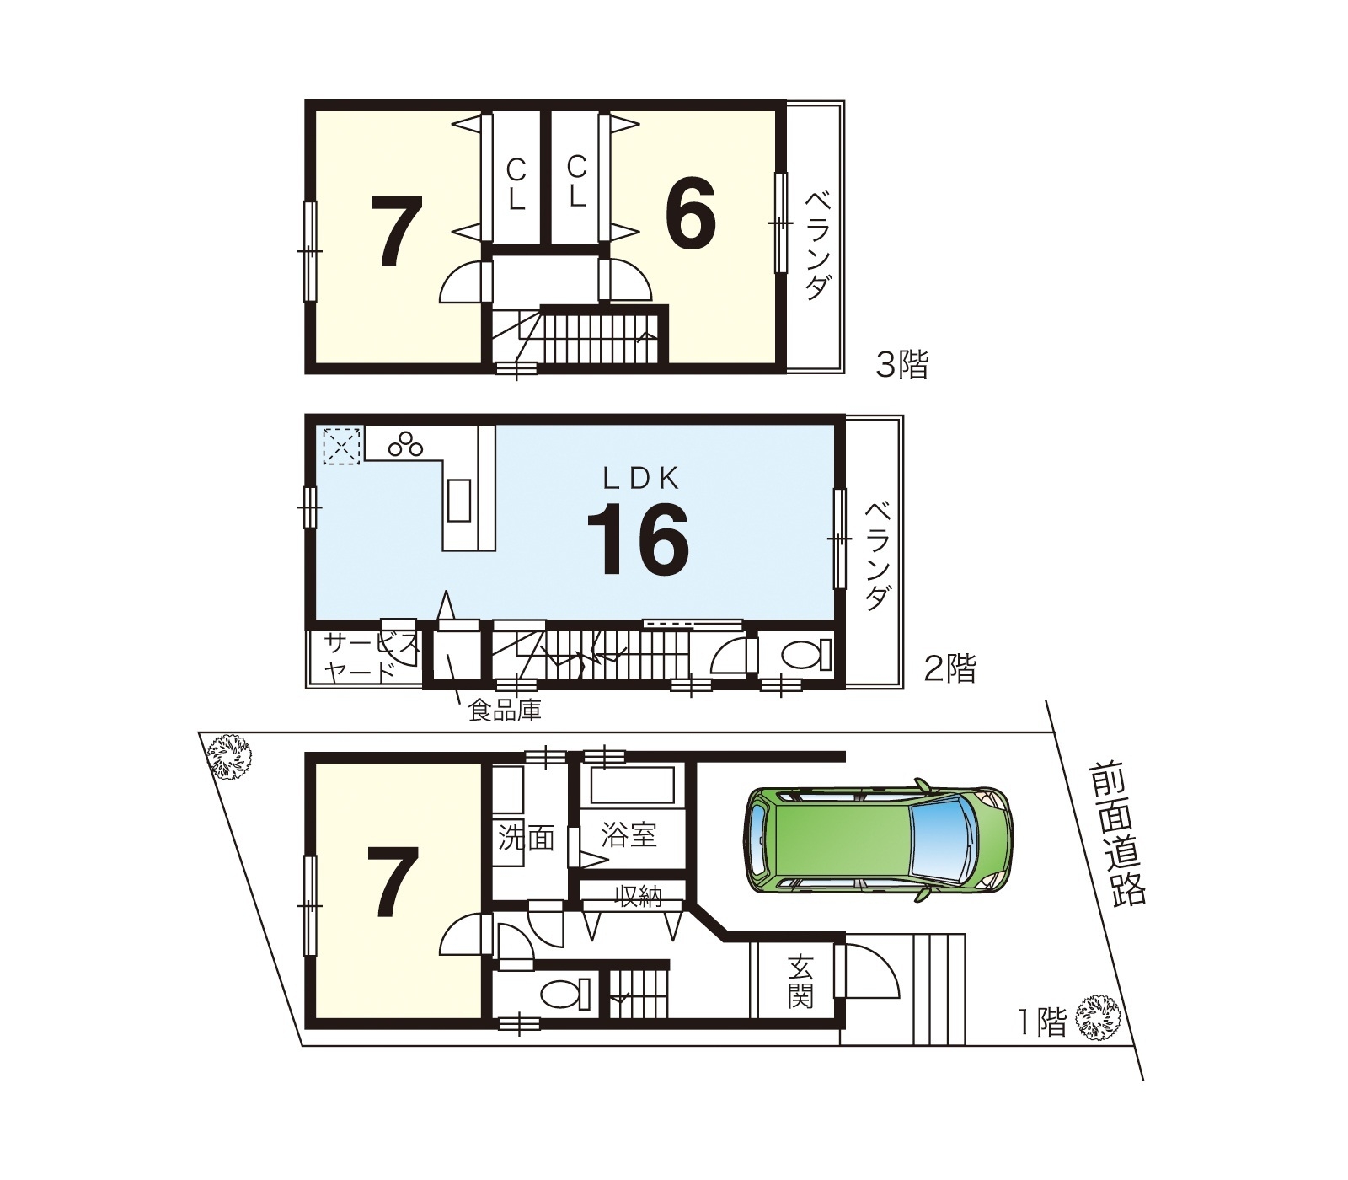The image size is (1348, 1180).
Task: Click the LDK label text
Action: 640,479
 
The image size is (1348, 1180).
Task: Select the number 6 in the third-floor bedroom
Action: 691,213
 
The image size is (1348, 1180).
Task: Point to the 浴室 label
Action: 629,837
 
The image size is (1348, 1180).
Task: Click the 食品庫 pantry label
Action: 505,711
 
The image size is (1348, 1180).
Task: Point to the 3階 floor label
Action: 902,366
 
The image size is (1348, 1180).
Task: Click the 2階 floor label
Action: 950,670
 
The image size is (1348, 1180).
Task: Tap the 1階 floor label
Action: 1042,1022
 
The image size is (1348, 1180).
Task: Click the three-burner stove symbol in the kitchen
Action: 406,443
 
